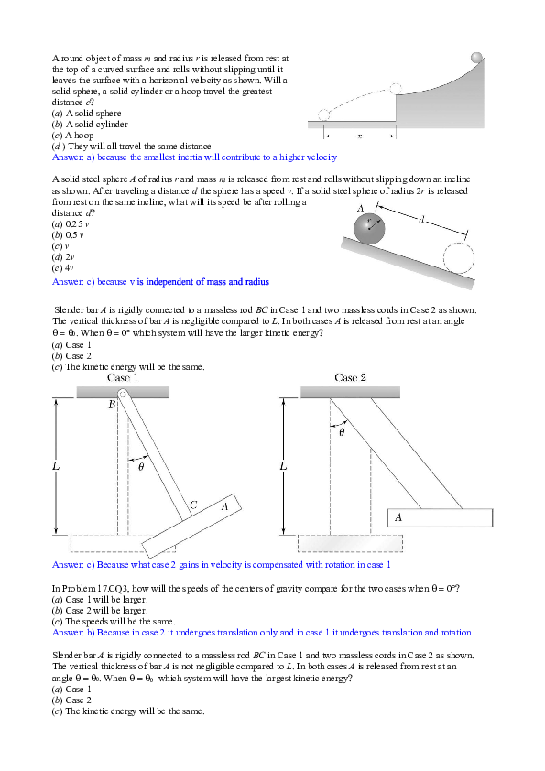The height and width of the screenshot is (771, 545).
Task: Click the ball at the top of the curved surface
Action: click(476, 58)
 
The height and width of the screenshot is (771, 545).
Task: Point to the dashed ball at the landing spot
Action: click(323, 115)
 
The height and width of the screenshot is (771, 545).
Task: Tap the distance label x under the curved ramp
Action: click(359, 135)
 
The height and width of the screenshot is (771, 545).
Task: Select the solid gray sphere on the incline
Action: click(369, 229)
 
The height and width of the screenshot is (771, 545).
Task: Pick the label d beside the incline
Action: click(420, 220)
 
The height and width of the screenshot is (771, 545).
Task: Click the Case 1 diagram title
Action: click(123, 377)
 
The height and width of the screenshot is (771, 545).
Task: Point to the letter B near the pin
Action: click(112, 404)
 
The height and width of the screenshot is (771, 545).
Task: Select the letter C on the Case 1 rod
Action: click(193, 505)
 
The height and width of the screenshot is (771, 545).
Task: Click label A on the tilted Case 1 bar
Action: click(223, 505)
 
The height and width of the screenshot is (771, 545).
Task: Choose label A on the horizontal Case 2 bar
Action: click(398, 517)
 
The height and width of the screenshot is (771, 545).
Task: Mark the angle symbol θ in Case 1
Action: click(141, 467)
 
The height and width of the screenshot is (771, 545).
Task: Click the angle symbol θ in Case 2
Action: click(341, 433)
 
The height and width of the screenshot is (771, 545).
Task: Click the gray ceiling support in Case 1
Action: click(123, 391)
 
